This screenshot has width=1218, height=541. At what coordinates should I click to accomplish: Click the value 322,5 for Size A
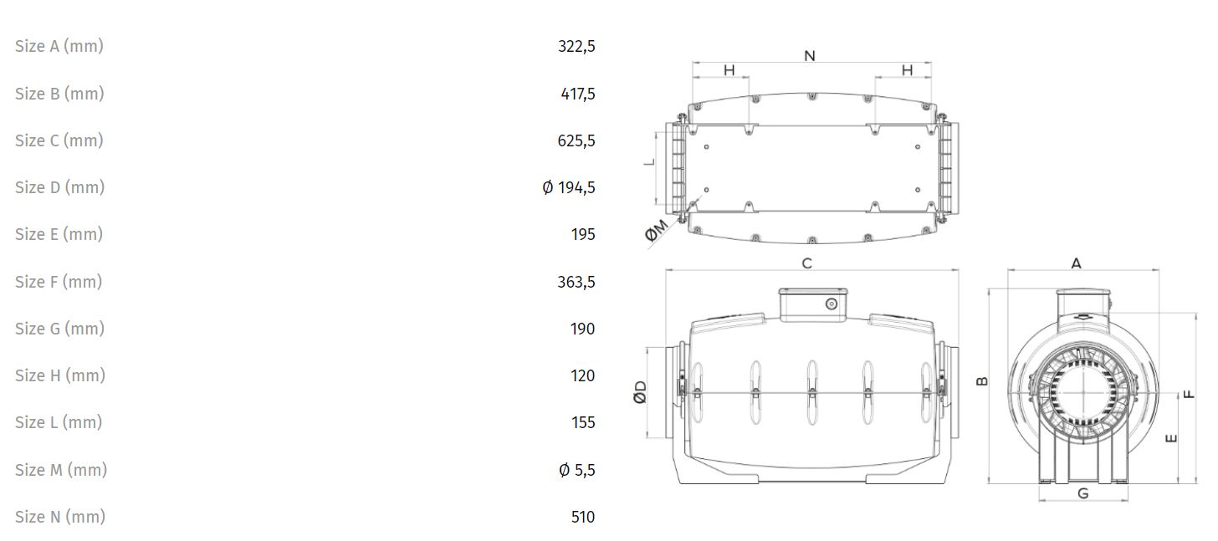[x=576, y=47]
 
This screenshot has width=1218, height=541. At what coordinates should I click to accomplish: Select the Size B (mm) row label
[x=60, y=94]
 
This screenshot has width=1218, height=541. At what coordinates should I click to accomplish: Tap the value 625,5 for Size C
[x=576, y=140]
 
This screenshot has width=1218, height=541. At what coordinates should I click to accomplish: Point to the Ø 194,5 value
[x=569, y=187]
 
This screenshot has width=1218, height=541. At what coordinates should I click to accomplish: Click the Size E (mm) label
[x=59, y=234]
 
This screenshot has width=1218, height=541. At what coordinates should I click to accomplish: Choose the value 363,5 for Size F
[x=576, y=282]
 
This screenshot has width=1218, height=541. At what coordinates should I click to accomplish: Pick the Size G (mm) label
[x=60, y=329]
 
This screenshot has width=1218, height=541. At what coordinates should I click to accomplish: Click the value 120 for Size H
[x=583, y=375]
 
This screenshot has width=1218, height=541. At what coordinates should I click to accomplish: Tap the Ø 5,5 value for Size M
[x=577, y=470]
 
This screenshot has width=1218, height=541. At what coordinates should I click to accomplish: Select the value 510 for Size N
[x=583, y=517]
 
